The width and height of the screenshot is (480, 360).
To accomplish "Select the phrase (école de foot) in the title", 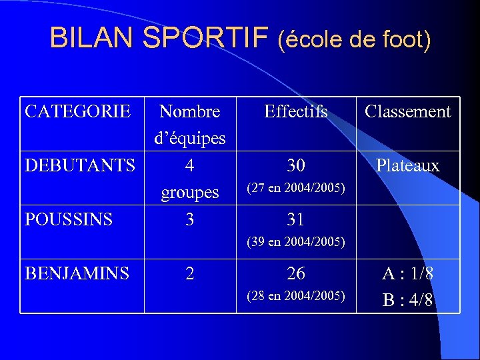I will click(x=355, y=40).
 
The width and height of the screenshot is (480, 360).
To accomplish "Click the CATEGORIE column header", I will click(x=77, y=111).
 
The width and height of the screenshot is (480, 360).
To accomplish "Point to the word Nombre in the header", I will click(x=190, y=111).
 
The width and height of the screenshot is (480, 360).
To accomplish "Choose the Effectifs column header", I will click(x=296, y=111).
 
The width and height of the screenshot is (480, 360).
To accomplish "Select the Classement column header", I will click(x=407, y=111).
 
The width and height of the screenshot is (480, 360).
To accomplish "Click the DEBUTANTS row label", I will click(x=79, y=165).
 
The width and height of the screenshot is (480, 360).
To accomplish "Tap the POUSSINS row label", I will click(x=69, y=219).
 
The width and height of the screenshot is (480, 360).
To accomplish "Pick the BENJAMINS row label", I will click(x=77, y=273).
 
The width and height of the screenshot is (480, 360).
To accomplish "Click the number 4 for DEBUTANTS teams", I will click(x=190, y=165).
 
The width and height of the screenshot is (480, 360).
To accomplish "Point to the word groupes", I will click(x=190, y=193).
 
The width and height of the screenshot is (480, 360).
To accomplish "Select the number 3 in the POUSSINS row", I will click(x=190, y=219).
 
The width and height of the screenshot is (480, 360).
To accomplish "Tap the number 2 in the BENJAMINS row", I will click(x=190, y=273).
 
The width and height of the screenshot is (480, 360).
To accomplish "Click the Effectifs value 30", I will click(x=296, y=165).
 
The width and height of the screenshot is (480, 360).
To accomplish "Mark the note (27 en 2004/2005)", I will click(x=296, y=189).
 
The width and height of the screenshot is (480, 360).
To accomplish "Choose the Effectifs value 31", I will click(x=296, y=219).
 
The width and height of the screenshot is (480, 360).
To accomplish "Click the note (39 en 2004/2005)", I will click(x=296, y=242).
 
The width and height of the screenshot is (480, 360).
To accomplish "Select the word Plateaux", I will click(x=407, y=165).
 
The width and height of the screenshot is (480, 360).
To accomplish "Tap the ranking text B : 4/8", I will click(x=407, y=300).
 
